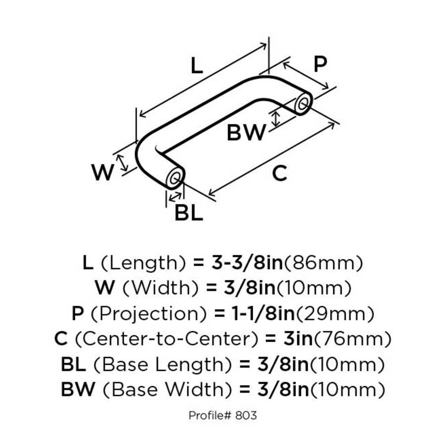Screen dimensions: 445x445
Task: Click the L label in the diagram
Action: (196, 66)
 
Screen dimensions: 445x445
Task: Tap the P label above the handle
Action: (320, 64)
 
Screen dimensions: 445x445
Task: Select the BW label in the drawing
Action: (246, 133)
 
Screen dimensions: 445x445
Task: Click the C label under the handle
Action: (279, 173)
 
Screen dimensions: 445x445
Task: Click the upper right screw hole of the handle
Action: (303, 105)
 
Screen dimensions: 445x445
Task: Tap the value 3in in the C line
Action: (295, 339)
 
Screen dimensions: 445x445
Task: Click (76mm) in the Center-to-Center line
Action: (353, 339)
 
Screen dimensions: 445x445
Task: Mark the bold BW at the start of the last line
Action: (77, 391)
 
